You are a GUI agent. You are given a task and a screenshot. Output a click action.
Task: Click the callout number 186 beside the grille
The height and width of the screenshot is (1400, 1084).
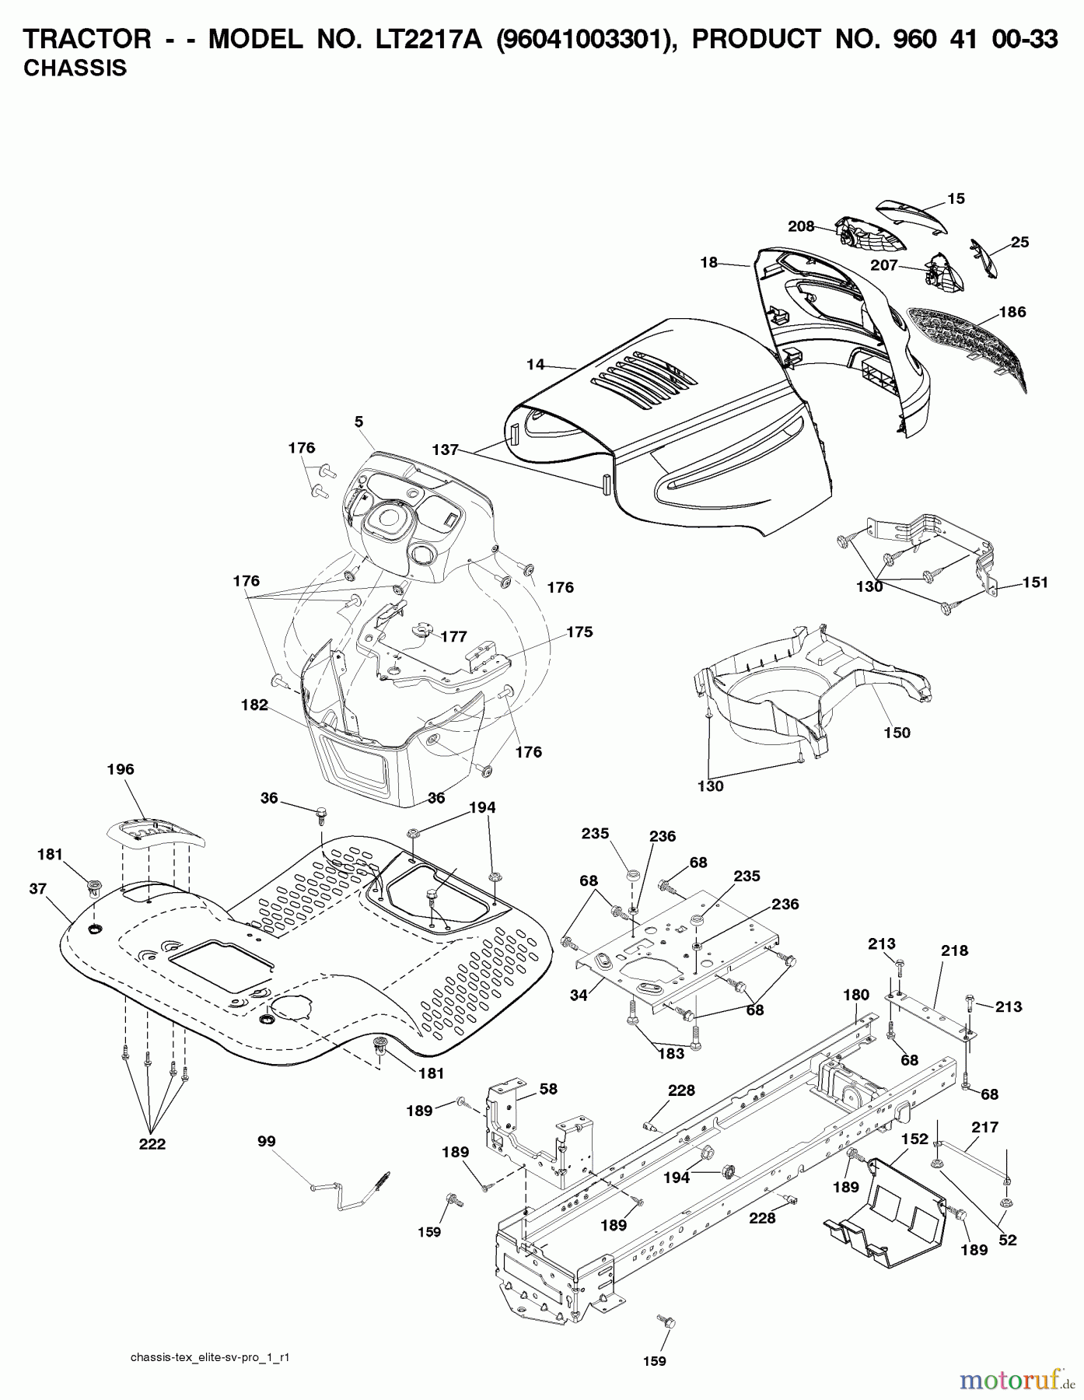pos(1012,312)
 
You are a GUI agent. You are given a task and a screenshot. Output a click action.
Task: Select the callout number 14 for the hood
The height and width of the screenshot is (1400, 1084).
pos(535,363)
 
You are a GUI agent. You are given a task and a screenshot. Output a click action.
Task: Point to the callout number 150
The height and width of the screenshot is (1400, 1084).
pos(897,733)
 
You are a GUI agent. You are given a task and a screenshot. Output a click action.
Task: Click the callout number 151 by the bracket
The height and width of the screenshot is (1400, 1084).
pos(1035,582)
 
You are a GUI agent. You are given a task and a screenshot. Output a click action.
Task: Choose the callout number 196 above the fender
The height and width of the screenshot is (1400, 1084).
pos(121,769)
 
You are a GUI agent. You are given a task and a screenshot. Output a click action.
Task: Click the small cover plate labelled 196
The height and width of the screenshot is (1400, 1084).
pos(153,834)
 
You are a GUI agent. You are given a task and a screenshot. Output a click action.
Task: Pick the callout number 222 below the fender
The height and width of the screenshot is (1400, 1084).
pos(152,1144)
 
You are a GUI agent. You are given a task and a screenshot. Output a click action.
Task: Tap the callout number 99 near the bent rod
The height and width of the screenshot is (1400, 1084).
pos(267,1141)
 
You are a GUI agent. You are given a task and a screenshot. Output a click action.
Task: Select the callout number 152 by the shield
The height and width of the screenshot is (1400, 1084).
pos(915,1139)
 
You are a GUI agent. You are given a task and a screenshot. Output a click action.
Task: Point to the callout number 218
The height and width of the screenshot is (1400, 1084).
pos(955,950)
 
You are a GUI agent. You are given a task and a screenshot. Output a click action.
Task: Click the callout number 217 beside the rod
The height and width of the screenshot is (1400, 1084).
pos(985,1127)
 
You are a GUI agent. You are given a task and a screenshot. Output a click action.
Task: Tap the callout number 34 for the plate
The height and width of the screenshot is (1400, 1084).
pos(579,995)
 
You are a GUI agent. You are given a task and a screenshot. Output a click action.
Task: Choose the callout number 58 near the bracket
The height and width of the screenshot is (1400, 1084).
pos(548,1089)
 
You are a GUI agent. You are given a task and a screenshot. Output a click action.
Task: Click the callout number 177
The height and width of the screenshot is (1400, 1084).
pos(453,636)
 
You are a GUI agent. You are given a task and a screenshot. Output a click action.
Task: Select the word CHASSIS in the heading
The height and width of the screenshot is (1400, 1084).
pos(75,68)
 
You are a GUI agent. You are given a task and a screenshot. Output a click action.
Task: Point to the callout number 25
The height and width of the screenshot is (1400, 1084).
pos(1019,242)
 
